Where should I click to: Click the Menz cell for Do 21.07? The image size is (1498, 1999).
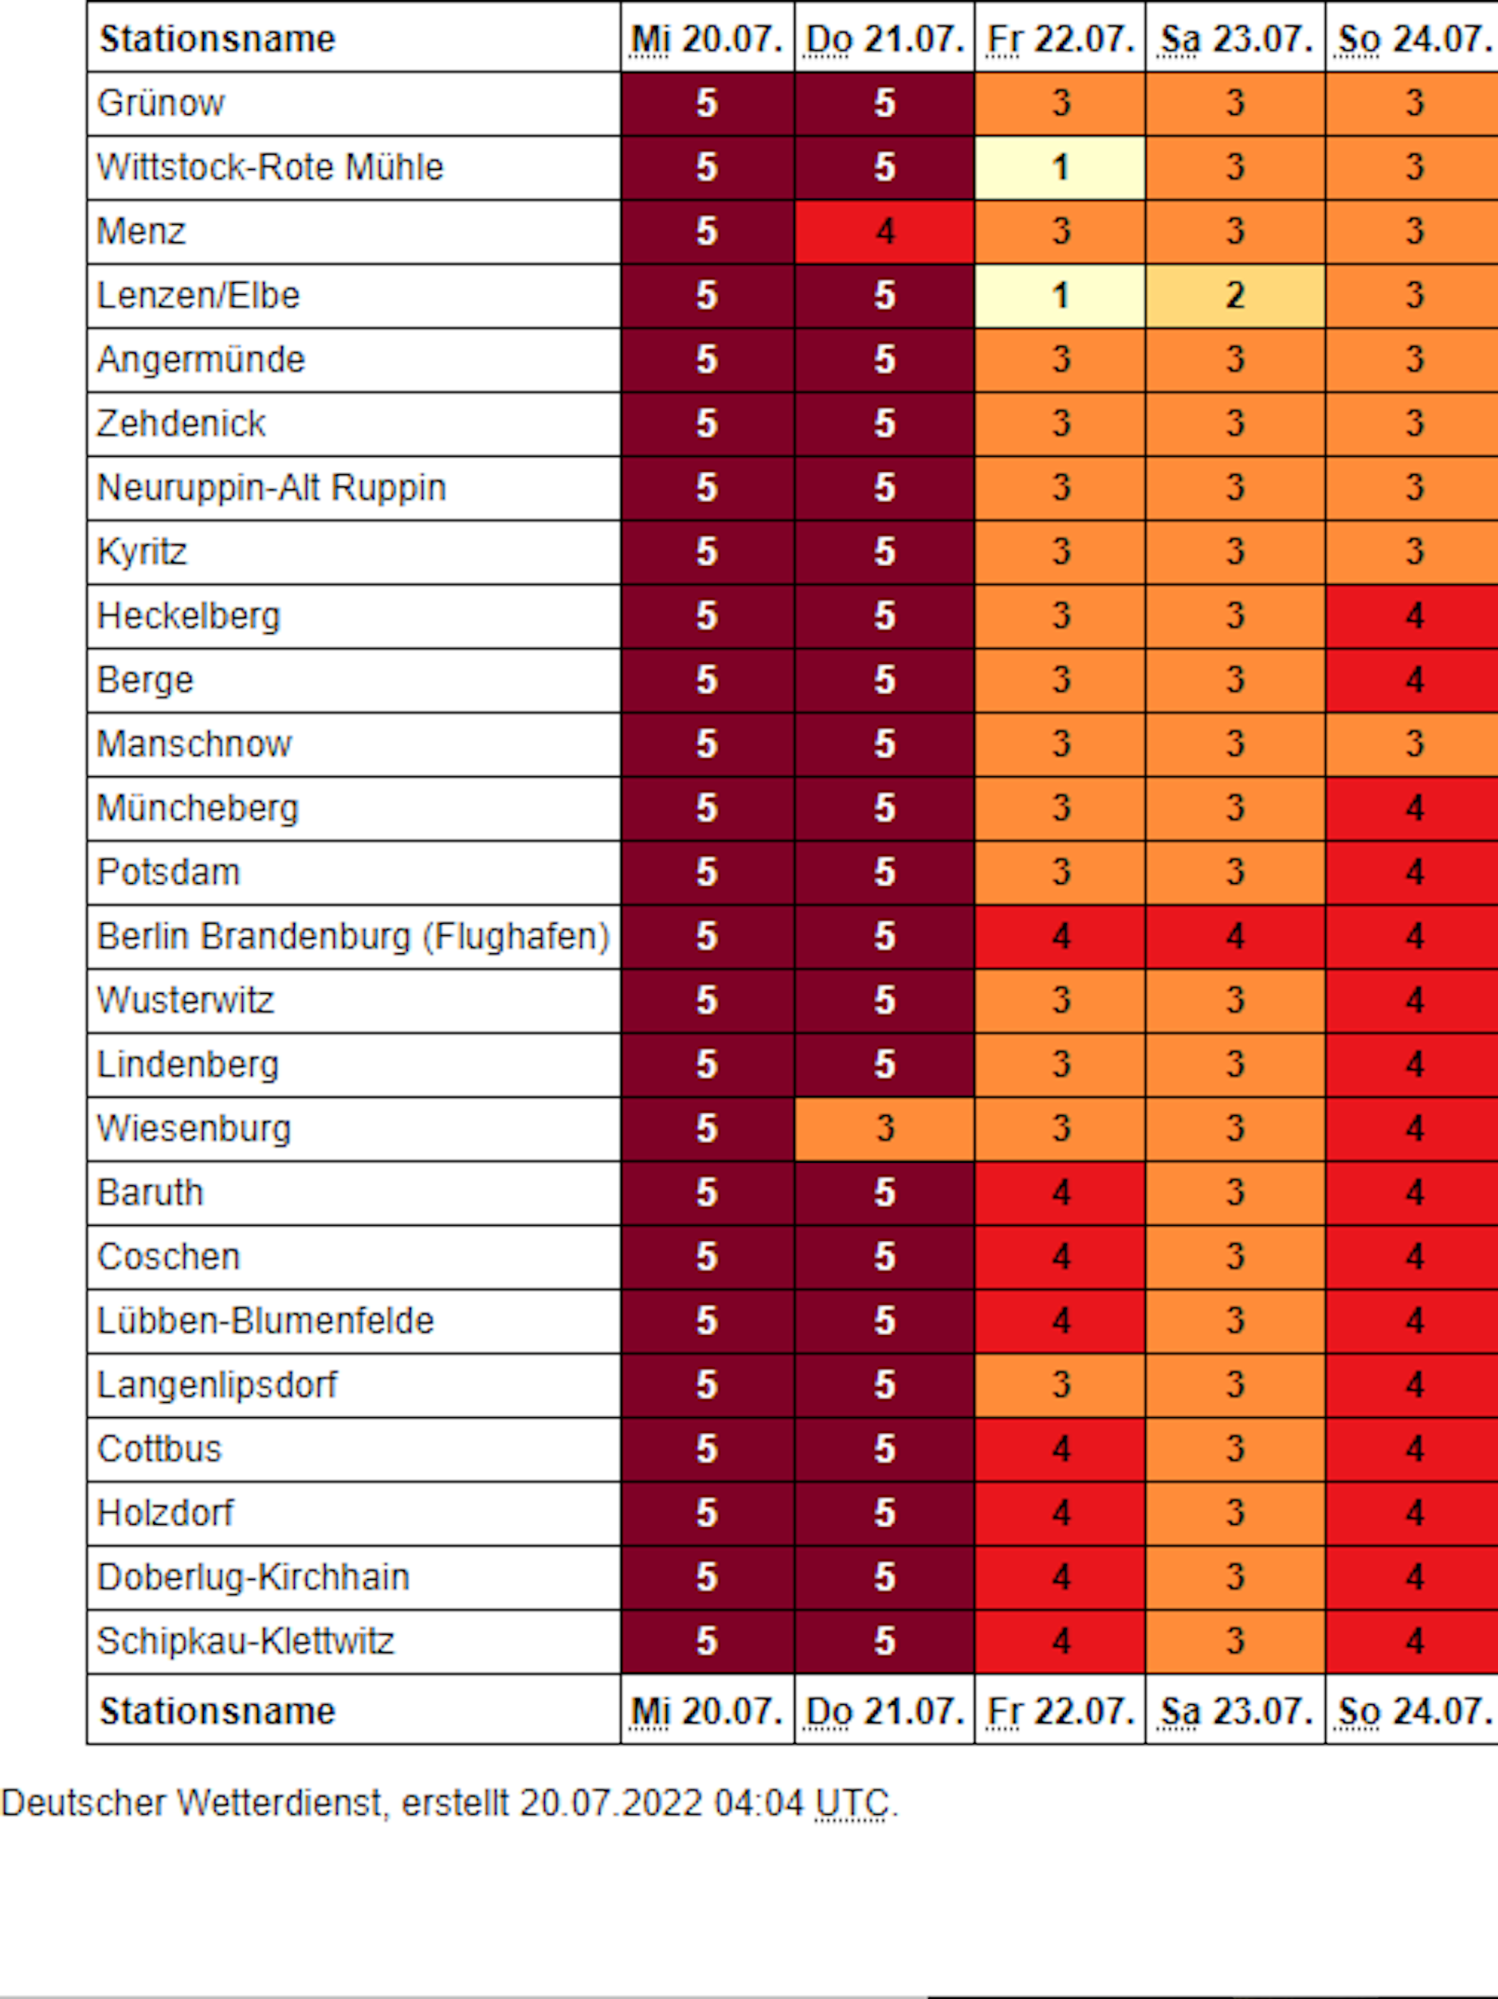(884, 231)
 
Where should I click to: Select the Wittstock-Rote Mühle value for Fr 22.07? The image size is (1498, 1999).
(1060, 167)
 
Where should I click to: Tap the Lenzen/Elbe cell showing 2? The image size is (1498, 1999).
(1235, 296)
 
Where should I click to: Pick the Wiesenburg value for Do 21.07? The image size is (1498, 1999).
(884, 1129)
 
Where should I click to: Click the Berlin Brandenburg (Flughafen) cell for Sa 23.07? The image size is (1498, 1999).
(1235, 937)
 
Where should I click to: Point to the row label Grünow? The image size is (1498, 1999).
(161, 103)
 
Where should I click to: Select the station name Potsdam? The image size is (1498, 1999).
(169, 872)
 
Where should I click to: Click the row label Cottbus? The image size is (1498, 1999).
(159, 1449)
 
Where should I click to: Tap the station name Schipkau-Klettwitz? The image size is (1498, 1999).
(245, 1641)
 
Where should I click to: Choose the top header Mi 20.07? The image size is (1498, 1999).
(707, 39)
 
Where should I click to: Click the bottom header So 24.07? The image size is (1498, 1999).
(1413, 1710)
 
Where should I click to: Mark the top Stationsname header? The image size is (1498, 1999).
(218, 39)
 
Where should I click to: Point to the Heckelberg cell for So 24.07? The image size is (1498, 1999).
(1413, 616)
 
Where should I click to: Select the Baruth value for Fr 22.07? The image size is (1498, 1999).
(1060, 1193)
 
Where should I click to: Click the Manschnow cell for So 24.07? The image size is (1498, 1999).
(1413, 744)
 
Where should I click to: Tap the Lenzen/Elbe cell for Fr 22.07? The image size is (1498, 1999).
(1060, 296)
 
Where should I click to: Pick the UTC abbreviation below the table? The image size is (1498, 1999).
(852, 1803)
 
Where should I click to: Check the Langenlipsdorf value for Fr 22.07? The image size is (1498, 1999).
(1060, 1384)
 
